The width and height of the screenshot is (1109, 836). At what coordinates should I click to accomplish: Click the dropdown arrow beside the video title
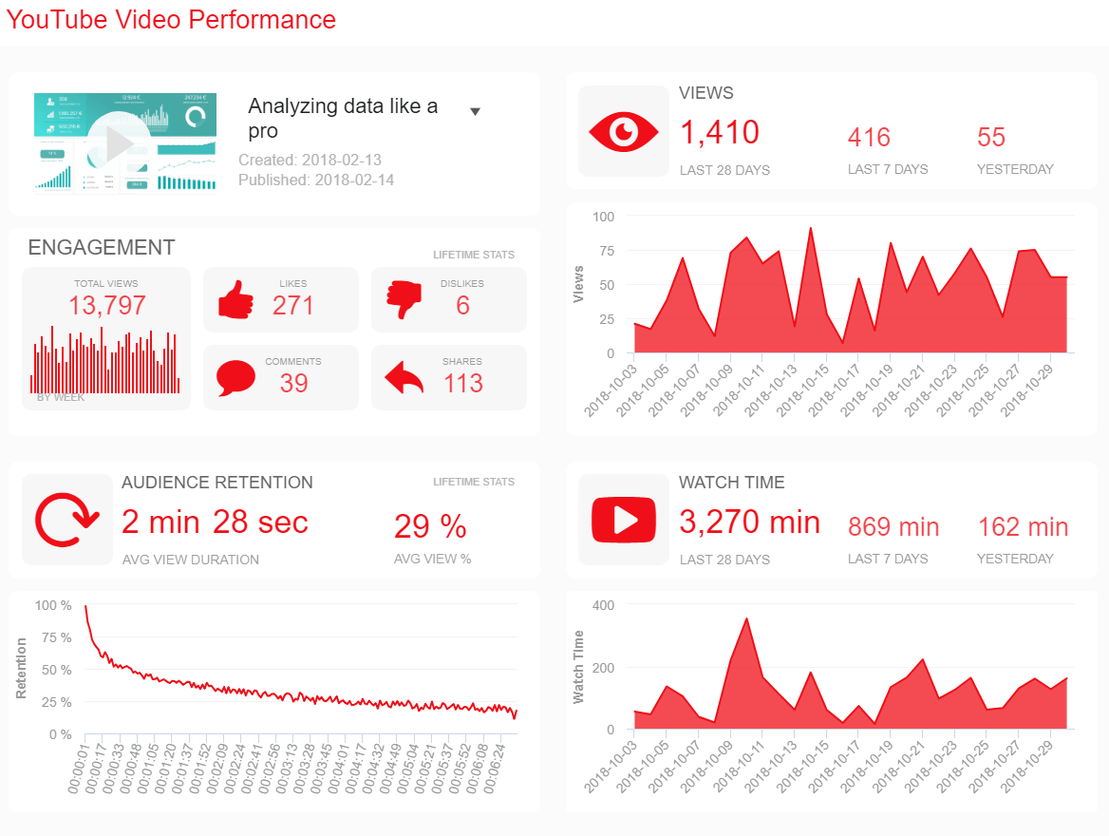pos(476,111)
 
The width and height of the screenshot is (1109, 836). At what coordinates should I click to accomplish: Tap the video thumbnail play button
pos(120,143)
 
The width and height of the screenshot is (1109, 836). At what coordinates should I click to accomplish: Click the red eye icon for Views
pos(623,132)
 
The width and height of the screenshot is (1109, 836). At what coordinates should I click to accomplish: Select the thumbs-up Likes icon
pos(236,301)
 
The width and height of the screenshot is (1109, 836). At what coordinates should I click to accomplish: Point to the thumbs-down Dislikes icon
pos(404,301)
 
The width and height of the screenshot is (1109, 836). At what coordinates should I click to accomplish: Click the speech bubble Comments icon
pos(235,378)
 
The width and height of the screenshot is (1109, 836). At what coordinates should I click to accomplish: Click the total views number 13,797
pos(107,305)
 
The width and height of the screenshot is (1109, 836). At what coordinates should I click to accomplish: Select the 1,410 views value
pos(720,132)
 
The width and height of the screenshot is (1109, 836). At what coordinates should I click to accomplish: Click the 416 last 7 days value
pos(869,138)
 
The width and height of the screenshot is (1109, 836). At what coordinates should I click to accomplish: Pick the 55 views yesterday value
pos(991,138)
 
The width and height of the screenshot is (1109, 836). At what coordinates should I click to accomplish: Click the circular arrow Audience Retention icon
pos(66,521)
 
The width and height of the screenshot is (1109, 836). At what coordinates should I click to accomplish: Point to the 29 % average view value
pos(430,526)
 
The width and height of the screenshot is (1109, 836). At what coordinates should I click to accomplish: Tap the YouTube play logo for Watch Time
pos(623,520)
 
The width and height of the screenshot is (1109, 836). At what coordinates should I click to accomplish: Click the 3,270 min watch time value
pos(749,522)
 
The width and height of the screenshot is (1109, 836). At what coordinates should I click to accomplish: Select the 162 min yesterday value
pos(1023,526)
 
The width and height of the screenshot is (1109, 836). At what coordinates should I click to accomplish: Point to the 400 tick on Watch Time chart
pos(603,605)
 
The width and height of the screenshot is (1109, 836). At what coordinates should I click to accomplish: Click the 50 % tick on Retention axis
pos(53,670)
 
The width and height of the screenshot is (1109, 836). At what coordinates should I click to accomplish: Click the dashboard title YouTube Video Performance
pos(171,19)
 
